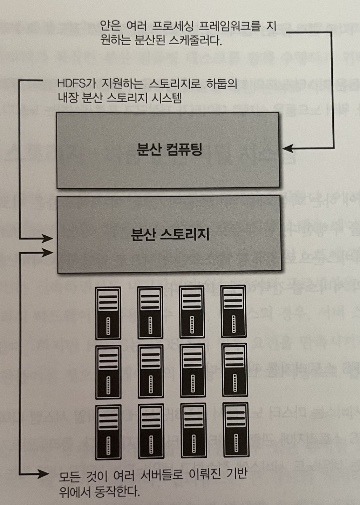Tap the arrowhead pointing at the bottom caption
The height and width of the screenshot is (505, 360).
point(45,474)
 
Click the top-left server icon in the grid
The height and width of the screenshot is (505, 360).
point(108,313)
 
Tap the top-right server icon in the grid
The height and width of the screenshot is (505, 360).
point(233,311)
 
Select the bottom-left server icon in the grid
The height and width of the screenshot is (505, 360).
point(108,432)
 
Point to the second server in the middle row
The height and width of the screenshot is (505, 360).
point(150,372)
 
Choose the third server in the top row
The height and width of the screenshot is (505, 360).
point(192,312)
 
